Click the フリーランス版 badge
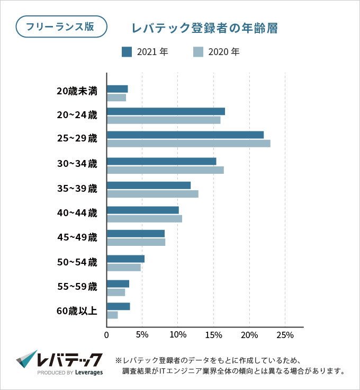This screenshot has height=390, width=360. point(61,26)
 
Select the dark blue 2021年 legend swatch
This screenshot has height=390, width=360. point(127,52)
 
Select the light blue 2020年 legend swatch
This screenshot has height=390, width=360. point(198,52)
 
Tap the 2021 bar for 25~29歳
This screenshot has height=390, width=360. point(185,135)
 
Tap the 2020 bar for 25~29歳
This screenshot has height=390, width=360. point(188,144)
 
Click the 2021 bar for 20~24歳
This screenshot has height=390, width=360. point(166,111)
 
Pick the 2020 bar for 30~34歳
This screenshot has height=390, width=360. point(165,170)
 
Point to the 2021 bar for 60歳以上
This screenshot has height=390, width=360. point(119,306)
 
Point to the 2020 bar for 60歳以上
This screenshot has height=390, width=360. point(112,315)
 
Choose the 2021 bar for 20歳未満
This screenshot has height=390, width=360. point(118,89)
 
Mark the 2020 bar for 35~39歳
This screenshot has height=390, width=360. point(152,194)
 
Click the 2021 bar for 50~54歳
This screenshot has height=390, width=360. point(125,259)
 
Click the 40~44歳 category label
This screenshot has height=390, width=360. point(77,213)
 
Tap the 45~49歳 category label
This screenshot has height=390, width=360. point(77,237)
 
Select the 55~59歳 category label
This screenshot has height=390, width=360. point(77,287)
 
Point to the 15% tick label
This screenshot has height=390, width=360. point(213,335)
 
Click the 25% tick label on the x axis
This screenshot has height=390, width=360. point(285,335)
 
